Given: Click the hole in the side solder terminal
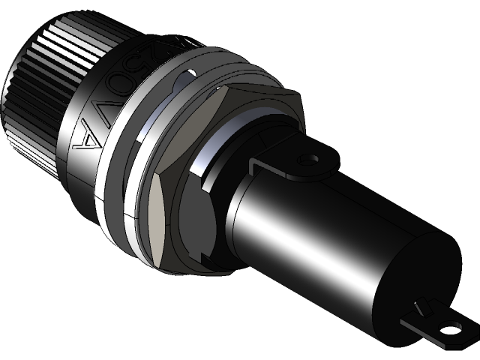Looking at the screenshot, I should (307, 160).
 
